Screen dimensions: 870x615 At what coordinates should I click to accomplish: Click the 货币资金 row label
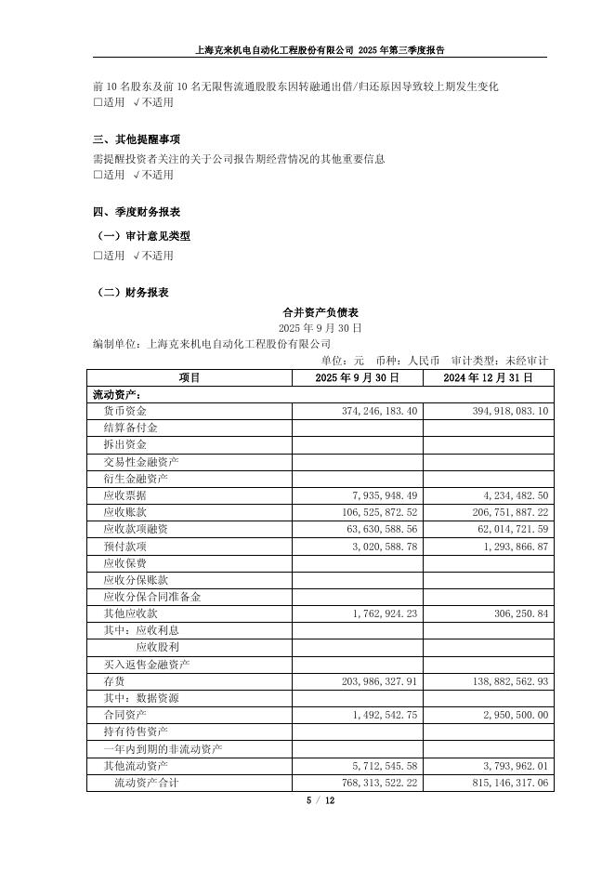[124, 411]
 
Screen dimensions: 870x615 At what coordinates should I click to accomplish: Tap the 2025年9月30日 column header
[357, 377]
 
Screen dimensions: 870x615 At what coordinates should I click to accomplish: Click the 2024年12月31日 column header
[488, 377]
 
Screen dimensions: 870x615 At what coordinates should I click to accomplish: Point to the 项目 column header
[190, 377]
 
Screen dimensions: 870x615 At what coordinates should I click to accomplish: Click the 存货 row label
[113, 682]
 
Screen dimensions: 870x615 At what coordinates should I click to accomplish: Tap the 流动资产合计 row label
[146, 783]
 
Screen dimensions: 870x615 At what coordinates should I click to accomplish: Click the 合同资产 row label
[124, 716]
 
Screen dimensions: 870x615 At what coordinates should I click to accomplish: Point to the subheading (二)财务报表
[133, 292]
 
